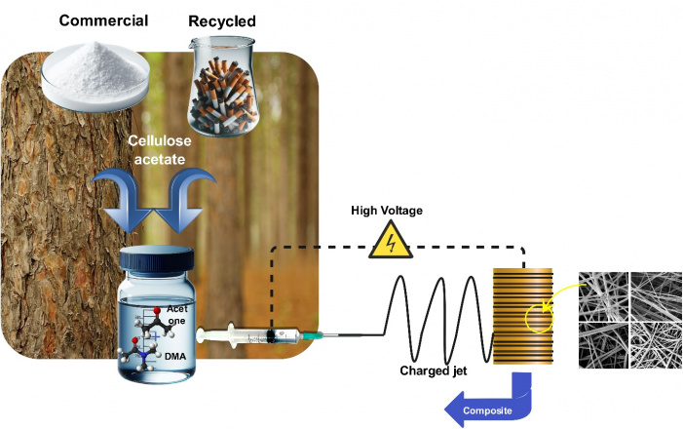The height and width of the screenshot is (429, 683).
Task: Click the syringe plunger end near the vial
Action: coord(204,337)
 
